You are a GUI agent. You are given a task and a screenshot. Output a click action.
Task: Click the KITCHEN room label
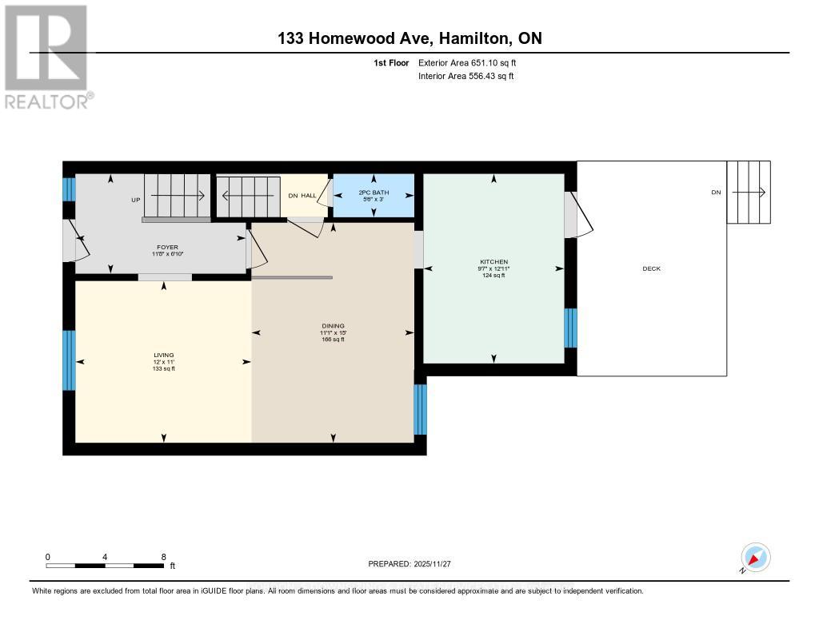(x=493, y=261)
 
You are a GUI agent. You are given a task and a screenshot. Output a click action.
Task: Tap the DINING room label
(x=333, y=326)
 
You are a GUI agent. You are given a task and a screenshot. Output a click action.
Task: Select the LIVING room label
(x=163, y=355)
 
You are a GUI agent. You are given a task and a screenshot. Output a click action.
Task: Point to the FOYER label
(x=167, y=247)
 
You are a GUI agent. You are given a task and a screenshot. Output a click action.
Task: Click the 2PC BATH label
(x=374, y=193)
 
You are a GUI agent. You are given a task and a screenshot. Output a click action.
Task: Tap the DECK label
(x=651, y=268)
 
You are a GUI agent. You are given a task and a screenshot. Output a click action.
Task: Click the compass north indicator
(x=755, y=558)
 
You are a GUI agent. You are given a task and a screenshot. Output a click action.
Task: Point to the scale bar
(x=105, y=566)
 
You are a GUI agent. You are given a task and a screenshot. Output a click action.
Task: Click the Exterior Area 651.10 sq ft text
(x=467, y=62)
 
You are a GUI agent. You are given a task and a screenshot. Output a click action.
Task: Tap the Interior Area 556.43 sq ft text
(x=466, y=76)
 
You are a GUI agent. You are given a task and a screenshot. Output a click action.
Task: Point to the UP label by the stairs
(x=136, y=200)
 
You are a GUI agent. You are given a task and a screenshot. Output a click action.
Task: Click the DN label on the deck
(x=716, y=192)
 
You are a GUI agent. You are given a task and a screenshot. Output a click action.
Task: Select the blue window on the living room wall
(x=69, y=360)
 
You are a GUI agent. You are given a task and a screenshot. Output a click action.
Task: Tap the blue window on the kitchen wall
(x=570, y=328)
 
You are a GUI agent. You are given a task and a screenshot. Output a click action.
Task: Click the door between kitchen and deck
(x=578, y=215)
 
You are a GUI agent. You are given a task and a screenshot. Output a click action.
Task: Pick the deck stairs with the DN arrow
(x=749, y=192)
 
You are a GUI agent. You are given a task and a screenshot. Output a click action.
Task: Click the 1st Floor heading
(x=391, y=62)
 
